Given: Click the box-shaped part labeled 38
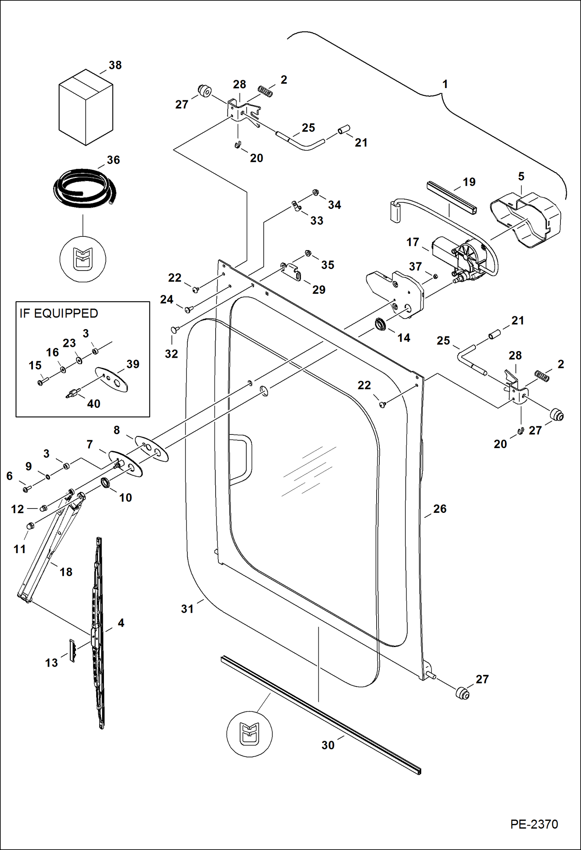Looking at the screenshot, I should tap(86, 107).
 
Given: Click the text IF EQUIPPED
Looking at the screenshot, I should tap(59, 313).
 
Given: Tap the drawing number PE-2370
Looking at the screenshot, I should tap(534, 824).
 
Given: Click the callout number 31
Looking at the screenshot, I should tap(187, 609).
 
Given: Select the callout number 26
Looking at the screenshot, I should tap(440, 509).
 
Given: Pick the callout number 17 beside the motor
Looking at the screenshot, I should tap(413, 242).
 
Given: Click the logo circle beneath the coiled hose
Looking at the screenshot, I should tap(83, 259).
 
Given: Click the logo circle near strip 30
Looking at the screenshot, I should tap(249, 734).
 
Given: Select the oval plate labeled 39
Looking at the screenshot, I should tap(112, 380).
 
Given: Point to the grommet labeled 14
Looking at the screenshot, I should tap(380, 324).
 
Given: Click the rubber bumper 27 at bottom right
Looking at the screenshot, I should tap(462, 693).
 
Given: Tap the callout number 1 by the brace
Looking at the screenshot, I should tap(445, 84).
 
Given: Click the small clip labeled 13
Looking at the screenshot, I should tap(72, 650).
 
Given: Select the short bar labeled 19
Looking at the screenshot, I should tap(451, 198).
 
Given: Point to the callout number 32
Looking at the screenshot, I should tap(171, 354).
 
